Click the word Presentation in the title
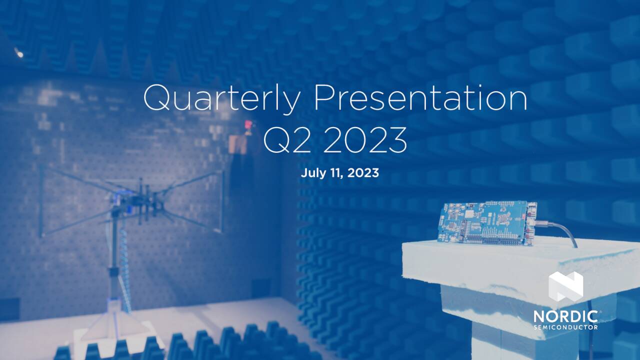click(420, 98)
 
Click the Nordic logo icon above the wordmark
click(565, 286)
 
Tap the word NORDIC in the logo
click(565, 316)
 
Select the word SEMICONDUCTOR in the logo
click(565, 327)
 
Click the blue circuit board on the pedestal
click(485, 223)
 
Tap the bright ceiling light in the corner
click(19, 52)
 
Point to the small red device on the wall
click(247, 125)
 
